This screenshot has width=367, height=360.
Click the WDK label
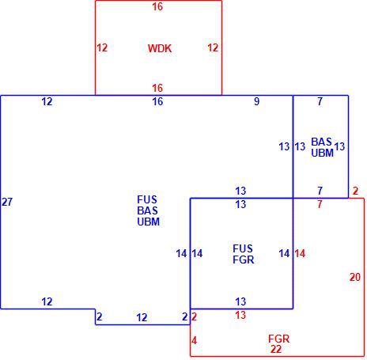160,48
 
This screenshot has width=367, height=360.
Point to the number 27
7,202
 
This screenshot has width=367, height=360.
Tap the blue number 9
256,101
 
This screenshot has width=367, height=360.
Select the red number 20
355,277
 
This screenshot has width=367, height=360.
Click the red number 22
276,349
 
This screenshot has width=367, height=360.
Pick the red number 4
194,341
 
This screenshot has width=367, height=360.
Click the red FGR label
278,339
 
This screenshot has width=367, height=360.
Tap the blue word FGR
244,260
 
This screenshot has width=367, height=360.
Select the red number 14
300,254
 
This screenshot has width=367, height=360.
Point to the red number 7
320,204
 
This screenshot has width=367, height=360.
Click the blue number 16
157,101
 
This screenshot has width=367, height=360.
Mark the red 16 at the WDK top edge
157,6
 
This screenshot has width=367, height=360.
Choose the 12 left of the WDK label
102,47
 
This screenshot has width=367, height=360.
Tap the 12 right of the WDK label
213,47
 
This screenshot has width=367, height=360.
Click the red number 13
240,315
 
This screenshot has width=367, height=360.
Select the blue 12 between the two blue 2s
142,317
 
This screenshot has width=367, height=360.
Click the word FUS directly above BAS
147,199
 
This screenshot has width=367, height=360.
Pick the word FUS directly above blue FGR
243,248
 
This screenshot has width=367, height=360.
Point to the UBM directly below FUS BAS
149,222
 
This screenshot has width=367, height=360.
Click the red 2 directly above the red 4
194,316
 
